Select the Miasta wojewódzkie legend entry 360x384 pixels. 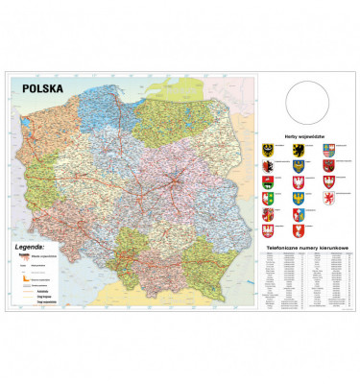[x=43, y=254]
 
